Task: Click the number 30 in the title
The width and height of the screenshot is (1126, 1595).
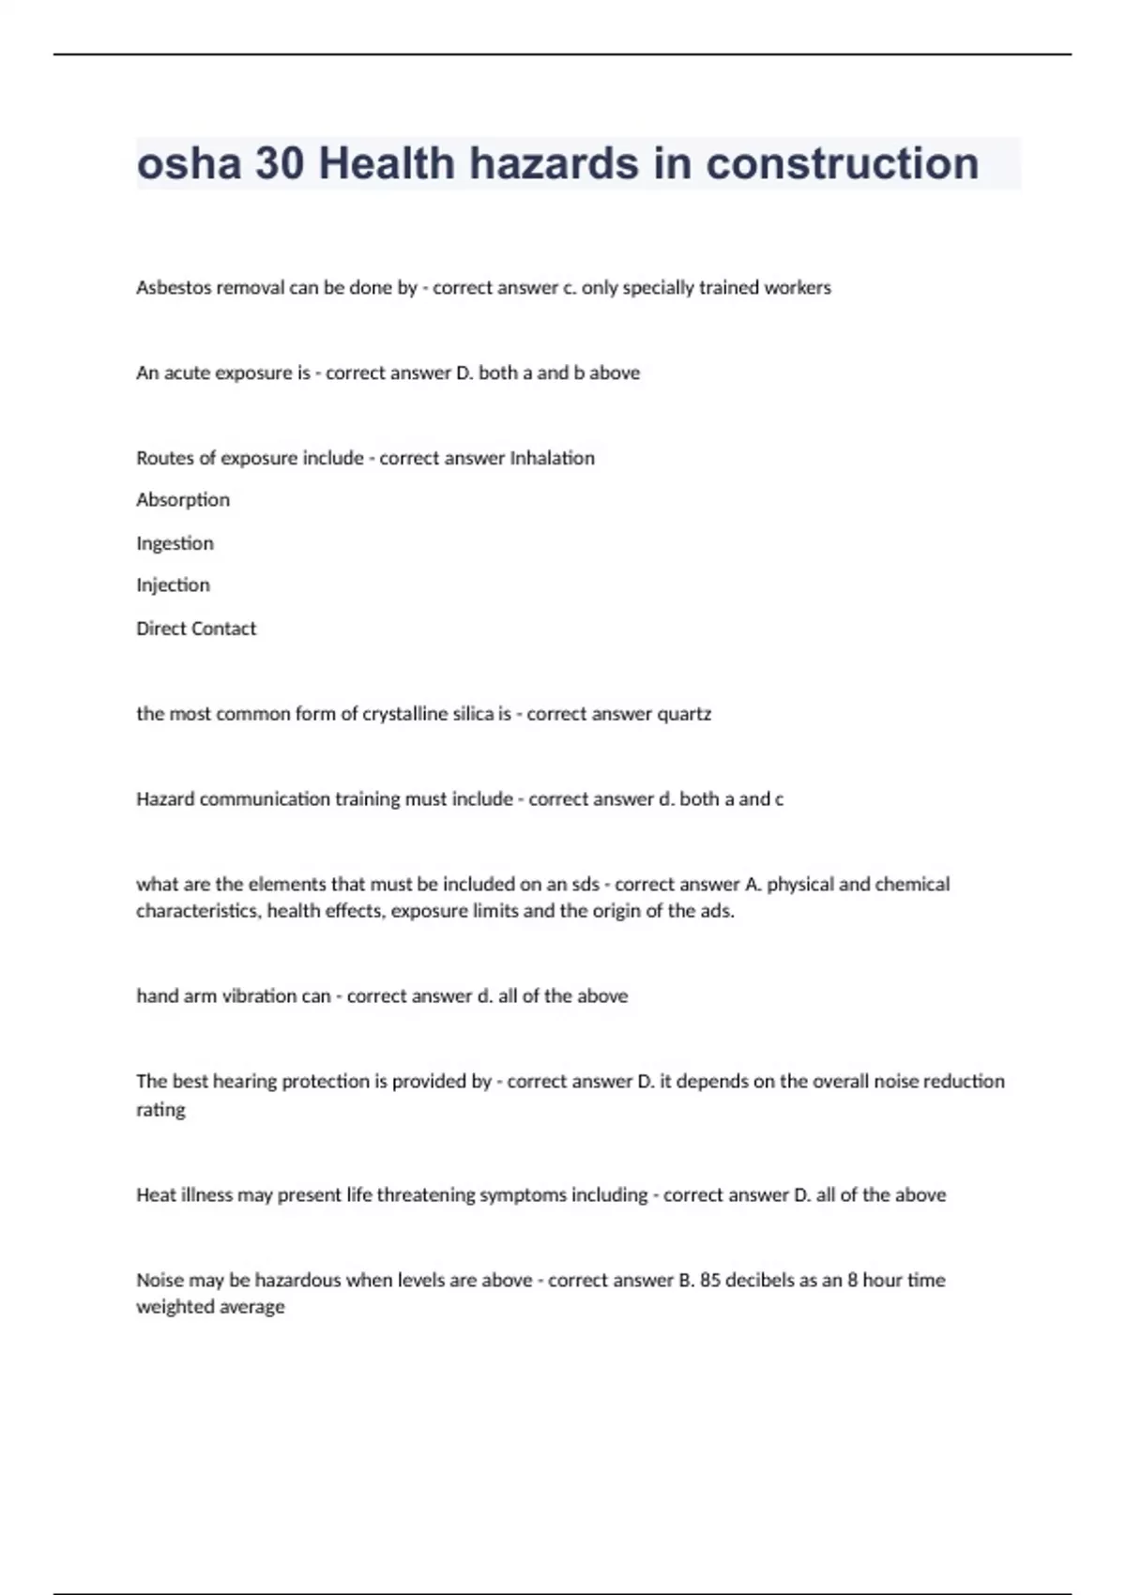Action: tap(280, 164)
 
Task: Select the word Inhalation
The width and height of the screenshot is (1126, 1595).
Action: tap(552, 458)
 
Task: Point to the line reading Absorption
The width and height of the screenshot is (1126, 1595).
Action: tap(183, 500)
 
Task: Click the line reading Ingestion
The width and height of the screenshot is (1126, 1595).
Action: tap(175, 543)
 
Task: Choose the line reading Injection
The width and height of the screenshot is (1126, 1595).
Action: tap(173, 585)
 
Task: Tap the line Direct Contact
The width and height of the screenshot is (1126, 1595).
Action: tap(196, 629)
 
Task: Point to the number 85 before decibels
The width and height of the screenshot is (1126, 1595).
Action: tap(710, 1280)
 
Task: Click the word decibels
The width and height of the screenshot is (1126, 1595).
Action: tap(760, 1280)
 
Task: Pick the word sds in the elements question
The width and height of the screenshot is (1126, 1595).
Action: tap(586, 884)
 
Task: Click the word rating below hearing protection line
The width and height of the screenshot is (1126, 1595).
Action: tap(160, 1110)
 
